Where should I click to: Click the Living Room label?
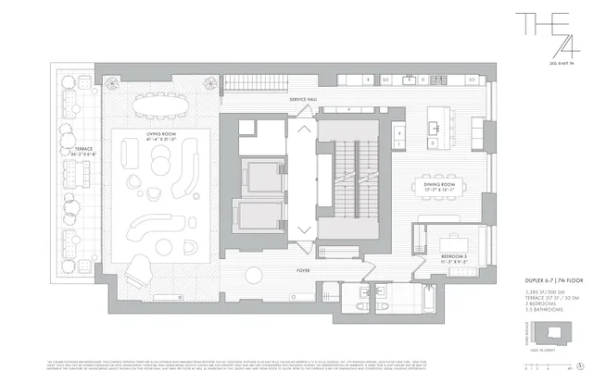161,138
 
